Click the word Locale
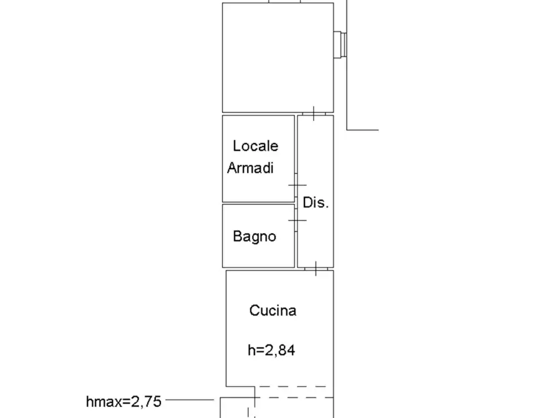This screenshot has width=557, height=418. point(255,146)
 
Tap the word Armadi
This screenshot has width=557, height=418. point(250,168)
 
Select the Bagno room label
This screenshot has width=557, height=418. point(254,236)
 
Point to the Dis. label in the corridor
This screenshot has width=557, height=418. point(316,203)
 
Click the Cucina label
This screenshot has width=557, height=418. point(273,310)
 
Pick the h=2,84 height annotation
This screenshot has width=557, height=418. point(271,351)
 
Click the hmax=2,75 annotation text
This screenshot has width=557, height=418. point(123,401)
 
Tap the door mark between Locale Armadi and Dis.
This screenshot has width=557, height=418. point(297,185)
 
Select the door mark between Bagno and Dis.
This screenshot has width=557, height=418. point(297,220)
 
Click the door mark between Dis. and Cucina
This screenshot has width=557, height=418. point(316,269)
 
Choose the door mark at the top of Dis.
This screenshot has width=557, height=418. point(313,114)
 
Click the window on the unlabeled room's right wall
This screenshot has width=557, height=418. point(341,44)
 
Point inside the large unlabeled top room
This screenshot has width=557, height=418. point(278,59)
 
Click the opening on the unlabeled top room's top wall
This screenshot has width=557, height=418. point(284,2)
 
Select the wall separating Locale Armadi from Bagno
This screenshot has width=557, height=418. point(258,203)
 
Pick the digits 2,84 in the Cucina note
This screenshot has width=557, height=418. point(280,351)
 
